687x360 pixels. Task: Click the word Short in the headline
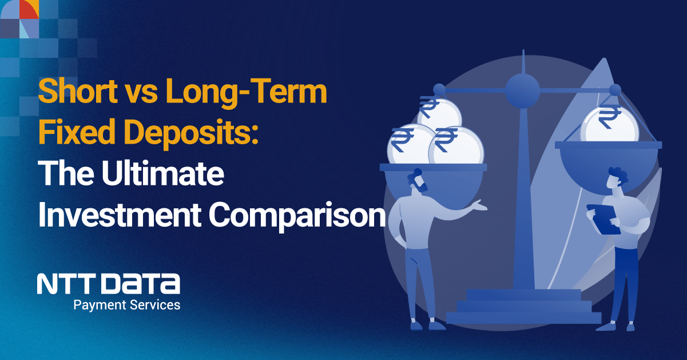pyautogui.click(x=78, y=91)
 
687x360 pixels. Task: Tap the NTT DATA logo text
pyautogui.click(x=109, y=283)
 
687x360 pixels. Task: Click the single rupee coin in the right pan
pyautogui.click(x=609, y=124)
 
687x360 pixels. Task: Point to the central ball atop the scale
pyautogui.click(x=522, y=91)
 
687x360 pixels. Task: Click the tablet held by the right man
pyautogui.click(x=603, y=219)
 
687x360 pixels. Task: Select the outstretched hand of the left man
pyautogui.click(x=479, y=205)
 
